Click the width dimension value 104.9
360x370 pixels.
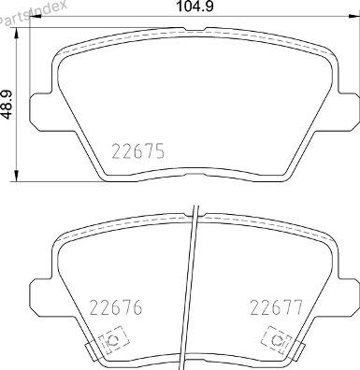click(195, 7)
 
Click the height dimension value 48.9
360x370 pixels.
click(7, 105)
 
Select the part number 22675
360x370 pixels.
click(137, 151)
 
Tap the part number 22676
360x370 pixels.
click(116, 307)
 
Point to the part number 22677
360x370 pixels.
click(277, 307)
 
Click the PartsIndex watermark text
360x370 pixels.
click(33, 12)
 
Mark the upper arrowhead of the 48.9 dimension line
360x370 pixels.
click(17, 33)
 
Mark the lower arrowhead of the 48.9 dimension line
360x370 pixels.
click(17, 176)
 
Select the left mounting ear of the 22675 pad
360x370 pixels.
click(40, 107)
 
